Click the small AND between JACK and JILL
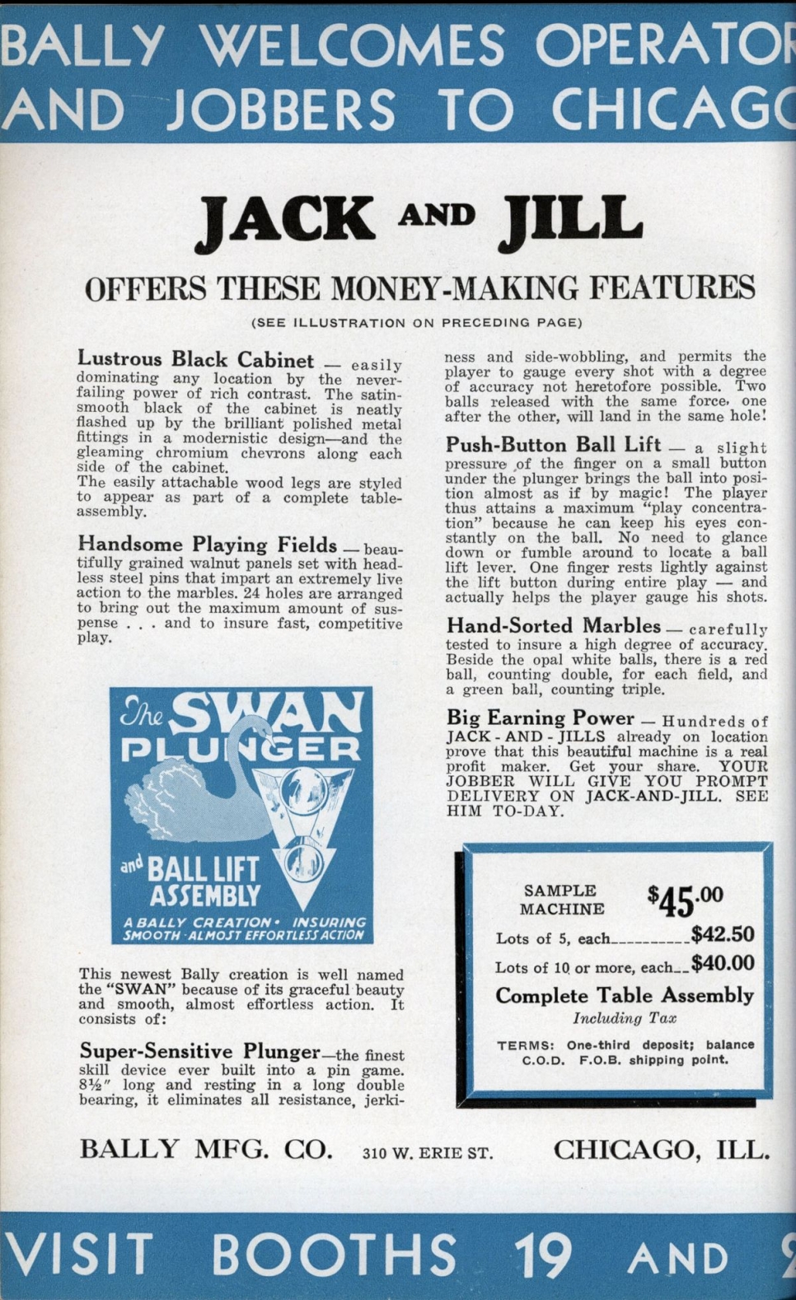tap(437, 215)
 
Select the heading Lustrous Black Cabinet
tap(195, 360)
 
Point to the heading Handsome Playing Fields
tap(207, 545)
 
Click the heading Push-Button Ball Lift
tap(553, 445)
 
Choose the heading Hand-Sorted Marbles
tap(553, 626)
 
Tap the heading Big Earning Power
tap(540, 718)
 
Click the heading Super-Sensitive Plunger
tap(199, 1051)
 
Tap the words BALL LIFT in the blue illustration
tap(202, 871)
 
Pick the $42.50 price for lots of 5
tap(723, 934)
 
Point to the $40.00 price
tap(723, 963)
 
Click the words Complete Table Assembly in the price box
tap(624, 995)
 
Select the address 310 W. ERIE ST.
tap(428, 1153)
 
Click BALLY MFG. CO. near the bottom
tap(206, 1149)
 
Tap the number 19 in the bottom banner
tap(542, 1256)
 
